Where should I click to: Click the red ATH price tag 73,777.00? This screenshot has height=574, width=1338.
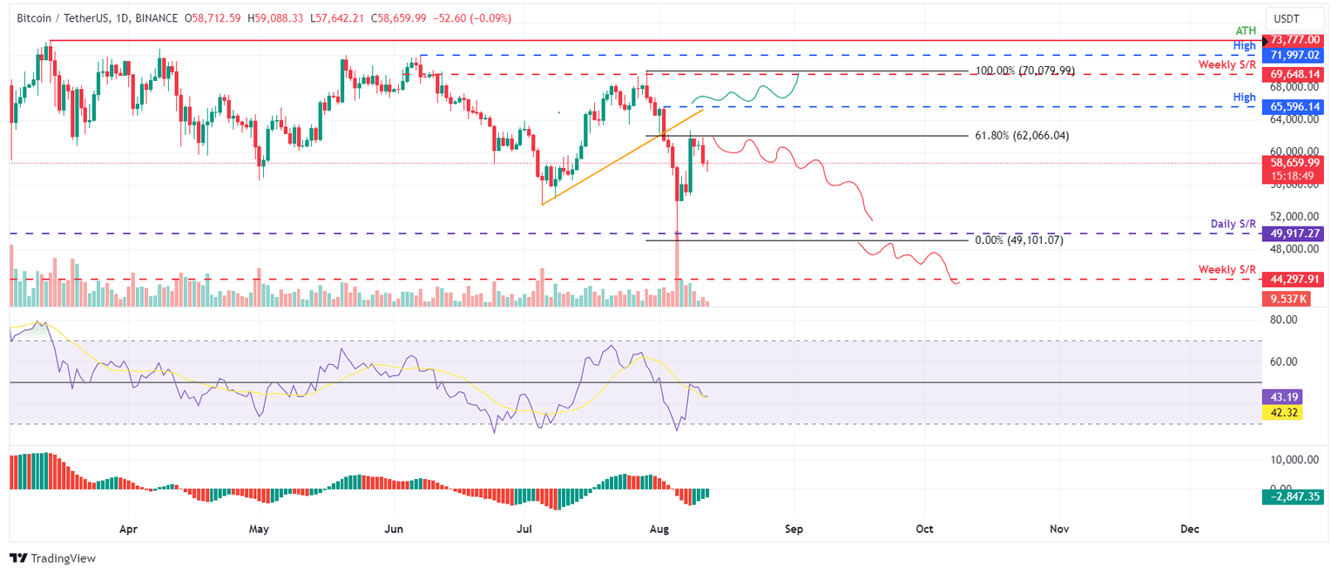[1294, 40]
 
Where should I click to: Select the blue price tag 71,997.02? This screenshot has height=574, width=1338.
[1294, 55]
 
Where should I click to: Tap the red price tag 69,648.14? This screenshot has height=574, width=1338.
[1294, 74]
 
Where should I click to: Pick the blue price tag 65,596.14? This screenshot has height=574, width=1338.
[1294, 106]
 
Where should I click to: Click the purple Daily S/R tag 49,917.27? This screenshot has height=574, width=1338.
[1294, 233]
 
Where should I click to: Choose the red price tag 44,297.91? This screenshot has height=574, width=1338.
[1294, 280]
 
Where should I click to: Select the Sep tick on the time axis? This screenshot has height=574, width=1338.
[793, 529]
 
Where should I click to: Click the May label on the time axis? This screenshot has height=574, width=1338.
[259, 529]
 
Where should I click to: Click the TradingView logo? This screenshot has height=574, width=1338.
[52, 558]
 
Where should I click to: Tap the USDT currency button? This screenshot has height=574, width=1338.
[1287, 18]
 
